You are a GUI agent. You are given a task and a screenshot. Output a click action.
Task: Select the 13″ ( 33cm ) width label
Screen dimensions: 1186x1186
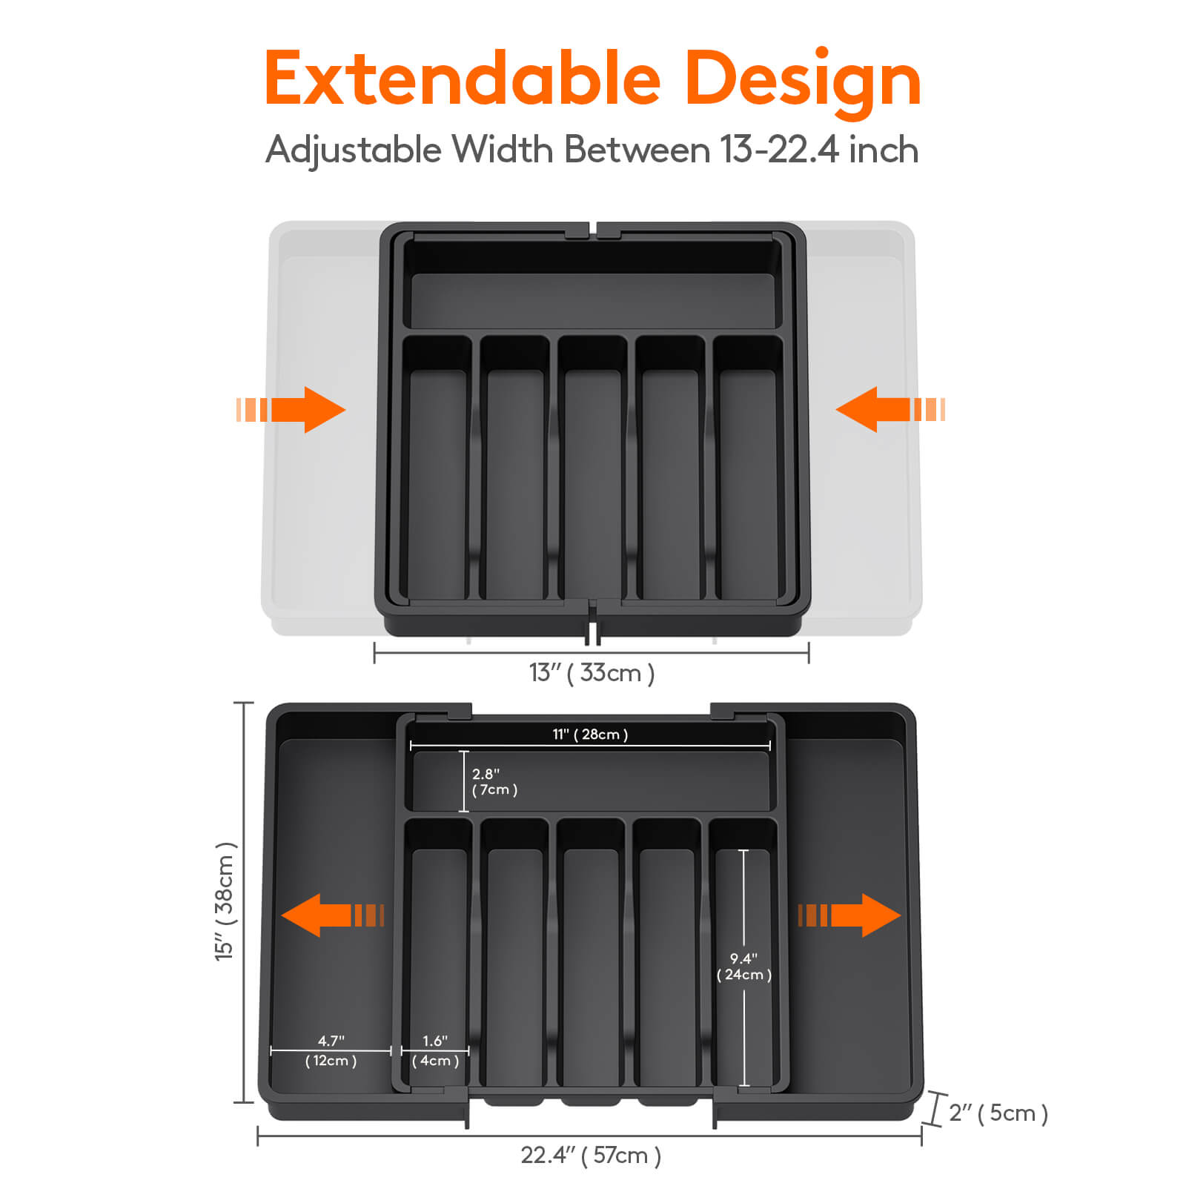point(592,673)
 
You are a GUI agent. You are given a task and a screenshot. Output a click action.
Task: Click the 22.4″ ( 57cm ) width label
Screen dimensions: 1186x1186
point(591,1156)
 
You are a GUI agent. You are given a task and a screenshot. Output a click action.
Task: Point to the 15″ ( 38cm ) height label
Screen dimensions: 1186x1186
point(225,901)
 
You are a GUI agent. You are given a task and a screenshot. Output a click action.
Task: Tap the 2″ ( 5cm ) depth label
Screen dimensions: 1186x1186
point(998,1113)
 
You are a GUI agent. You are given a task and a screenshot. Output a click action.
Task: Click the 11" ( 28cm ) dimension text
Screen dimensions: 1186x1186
point(590,735)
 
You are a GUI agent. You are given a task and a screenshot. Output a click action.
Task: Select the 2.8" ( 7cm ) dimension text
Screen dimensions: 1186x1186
point(494,782)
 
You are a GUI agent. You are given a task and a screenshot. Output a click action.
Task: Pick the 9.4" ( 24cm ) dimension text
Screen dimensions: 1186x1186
point(743,967)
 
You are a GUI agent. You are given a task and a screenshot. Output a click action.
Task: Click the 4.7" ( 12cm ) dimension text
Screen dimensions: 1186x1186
point(331,1051)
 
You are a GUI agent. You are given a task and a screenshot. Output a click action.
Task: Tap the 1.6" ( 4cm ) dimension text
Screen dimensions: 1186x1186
point(435,1051)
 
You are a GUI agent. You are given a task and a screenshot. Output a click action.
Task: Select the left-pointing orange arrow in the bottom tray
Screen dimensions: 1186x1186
point(330,915)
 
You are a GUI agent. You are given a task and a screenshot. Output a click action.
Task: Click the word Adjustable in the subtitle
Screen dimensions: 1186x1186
point(354,150)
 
